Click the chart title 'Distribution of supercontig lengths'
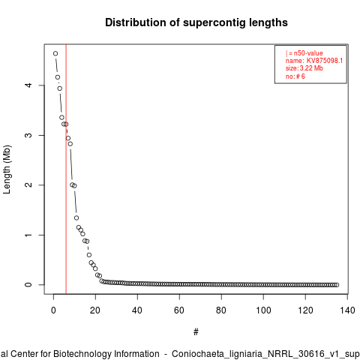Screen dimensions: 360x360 196,22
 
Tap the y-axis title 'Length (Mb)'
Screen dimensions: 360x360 7,169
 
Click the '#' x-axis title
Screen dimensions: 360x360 196,332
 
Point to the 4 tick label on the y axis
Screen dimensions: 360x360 28,85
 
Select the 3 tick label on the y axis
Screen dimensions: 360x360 28,135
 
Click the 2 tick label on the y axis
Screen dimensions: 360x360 28,185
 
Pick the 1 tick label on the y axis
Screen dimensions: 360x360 28,235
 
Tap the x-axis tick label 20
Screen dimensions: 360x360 95,310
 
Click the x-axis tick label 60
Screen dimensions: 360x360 179,310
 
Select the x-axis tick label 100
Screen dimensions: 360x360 263,310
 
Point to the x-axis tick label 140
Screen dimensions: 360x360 347,310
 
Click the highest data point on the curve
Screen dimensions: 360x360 55,53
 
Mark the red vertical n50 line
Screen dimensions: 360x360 66,169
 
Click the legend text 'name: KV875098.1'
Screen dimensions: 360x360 314,61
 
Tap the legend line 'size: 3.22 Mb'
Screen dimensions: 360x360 304,68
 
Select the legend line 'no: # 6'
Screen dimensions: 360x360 295,76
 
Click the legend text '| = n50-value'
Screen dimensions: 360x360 304,53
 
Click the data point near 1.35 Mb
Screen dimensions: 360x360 76,218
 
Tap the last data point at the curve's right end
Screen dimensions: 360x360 337,285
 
